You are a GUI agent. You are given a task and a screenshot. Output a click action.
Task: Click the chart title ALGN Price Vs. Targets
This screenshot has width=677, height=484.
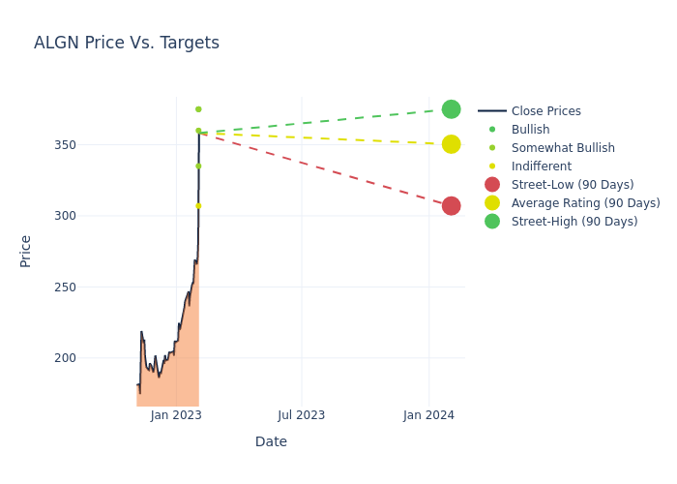(x=127, y=43)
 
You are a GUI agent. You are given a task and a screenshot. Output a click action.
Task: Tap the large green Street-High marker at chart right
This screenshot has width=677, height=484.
(x=451, y=109)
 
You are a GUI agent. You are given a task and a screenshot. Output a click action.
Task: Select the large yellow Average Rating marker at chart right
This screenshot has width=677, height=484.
(x=451, y=144)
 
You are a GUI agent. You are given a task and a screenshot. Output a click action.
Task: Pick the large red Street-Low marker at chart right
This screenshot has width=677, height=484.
(x=451, y=206)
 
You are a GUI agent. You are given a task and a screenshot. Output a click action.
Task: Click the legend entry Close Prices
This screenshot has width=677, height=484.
(x=545, y=111)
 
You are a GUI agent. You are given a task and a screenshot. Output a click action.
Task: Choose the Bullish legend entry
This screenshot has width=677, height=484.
(x=530, y=130)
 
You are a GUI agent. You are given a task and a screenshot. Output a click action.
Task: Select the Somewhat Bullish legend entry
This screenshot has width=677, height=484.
(x=563, y=148)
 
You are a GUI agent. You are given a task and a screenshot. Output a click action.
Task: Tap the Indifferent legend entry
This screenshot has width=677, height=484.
(x=541, y=166)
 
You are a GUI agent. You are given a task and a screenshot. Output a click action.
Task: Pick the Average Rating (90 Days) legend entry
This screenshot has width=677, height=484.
(x=585, y=203)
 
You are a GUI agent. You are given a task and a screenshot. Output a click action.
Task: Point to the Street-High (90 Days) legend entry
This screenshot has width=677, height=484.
(x=574, y=222)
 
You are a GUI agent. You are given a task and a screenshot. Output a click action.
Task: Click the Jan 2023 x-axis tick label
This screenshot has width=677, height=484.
(x=176, y=415)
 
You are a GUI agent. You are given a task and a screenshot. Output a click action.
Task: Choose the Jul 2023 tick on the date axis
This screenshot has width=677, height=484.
(x=301, y=415)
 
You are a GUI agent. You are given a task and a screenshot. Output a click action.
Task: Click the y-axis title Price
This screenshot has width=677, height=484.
(x=26, y=251)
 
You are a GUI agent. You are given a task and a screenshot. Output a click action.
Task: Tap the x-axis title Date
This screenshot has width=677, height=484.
(x=271, y=442)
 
